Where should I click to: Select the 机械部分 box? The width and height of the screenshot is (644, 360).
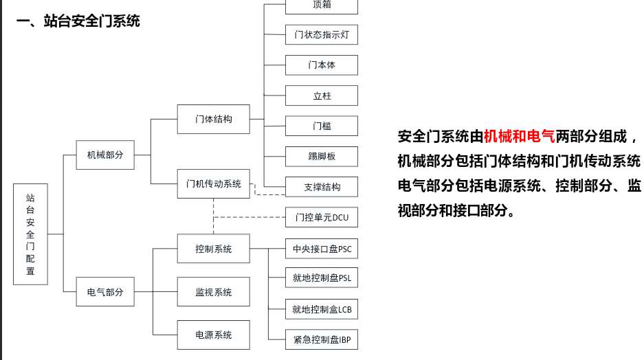point(105,155)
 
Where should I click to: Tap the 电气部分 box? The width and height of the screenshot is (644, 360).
point(105,291)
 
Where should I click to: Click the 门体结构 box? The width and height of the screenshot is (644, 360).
point(213,119)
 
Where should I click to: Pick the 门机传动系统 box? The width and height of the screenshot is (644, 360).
point(213,183)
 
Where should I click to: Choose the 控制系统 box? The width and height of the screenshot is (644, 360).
point(213,249)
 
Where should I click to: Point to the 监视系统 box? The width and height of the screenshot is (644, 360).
point(213,292)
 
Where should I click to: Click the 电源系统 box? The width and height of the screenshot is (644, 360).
point(213,335)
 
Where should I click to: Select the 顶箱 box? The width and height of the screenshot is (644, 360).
point(322,5)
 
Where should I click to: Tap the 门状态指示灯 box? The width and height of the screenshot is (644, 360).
point(322,34)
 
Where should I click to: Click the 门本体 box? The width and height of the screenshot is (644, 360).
point(322,65)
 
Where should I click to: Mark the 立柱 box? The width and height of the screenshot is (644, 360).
point(322,95)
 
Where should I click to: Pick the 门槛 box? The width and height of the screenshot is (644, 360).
point(322,126)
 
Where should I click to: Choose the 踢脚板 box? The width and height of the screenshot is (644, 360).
point(322,156)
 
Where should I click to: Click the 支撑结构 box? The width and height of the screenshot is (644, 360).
point(322,186)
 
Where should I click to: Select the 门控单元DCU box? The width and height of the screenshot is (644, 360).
point(322,218)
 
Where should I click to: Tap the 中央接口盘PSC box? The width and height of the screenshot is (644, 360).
point(322,248)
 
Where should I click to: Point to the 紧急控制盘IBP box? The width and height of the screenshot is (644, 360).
point(322,339)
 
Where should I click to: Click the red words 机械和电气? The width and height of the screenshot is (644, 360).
point(519,135)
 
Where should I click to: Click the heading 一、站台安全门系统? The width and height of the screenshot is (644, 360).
point(78,21)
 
